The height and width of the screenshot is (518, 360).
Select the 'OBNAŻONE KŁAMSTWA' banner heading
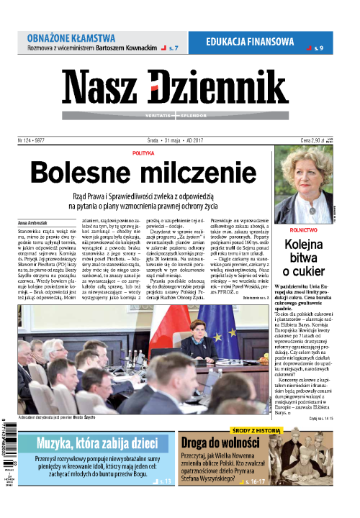[71, 37]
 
